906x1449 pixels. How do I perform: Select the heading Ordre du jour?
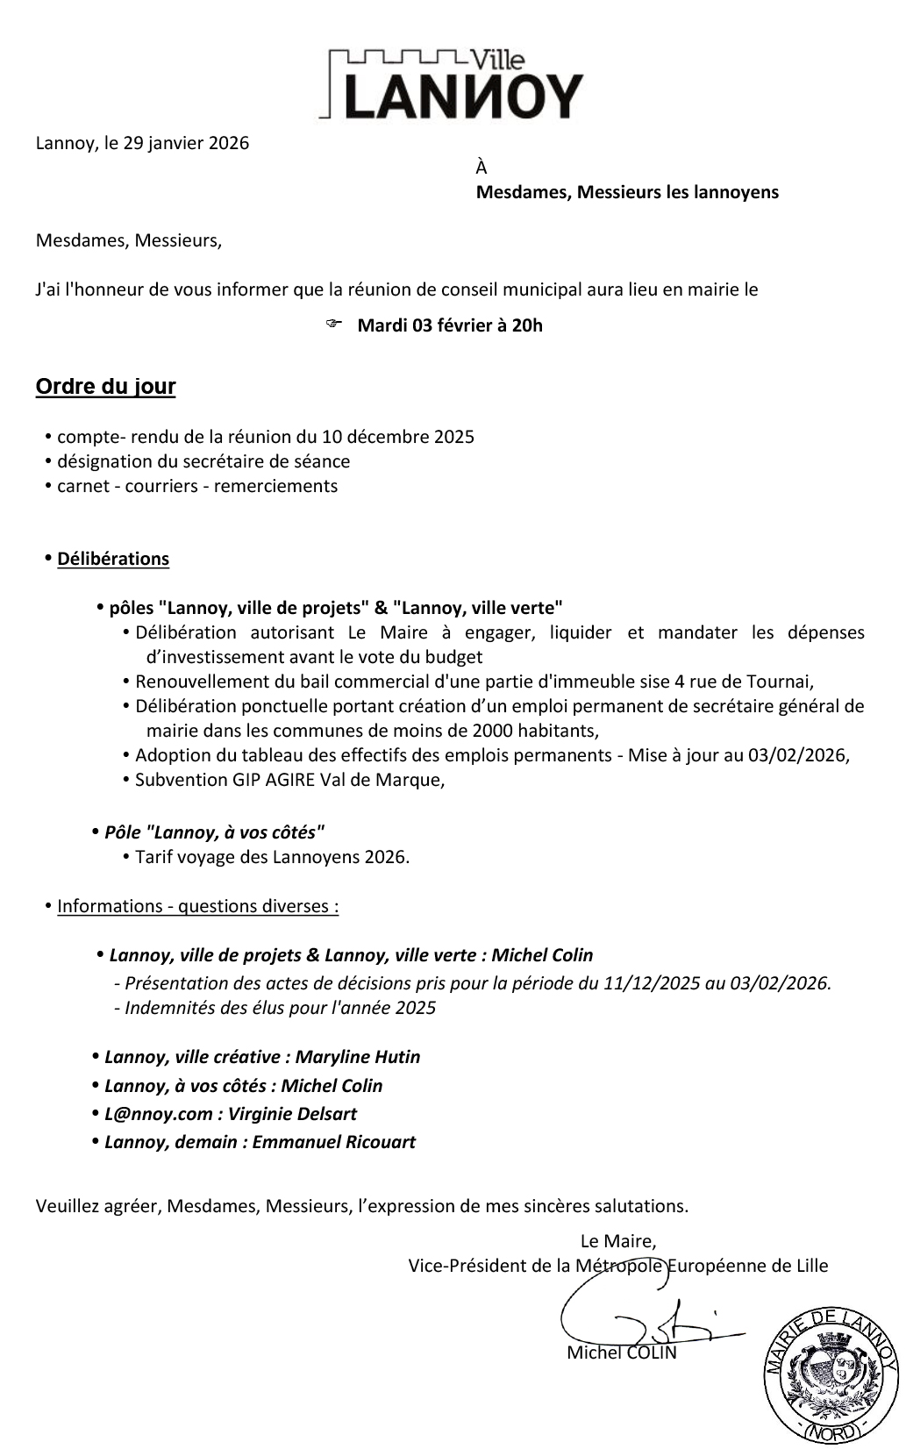coord(105,387)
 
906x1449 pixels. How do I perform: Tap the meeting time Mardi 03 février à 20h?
coord(450,325)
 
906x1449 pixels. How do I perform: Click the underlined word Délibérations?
coord(113,559)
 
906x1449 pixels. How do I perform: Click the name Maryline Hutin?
coord(358,1057)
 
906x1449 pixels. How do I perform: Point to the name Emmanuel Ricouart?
coord(334,1142)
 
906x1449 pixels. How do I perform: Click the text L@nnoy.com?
coord(158,1114)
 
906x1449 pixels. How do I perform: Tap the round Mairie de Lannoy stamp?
coord(831,1374)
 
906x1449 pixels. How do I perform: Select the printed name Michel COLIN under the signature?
coord(622,1353)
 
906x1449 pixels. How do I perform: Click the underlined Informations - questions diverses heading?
coord(197,906)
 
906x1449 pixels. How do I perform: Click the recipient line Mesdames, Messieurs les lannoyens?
coord(627,192)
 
